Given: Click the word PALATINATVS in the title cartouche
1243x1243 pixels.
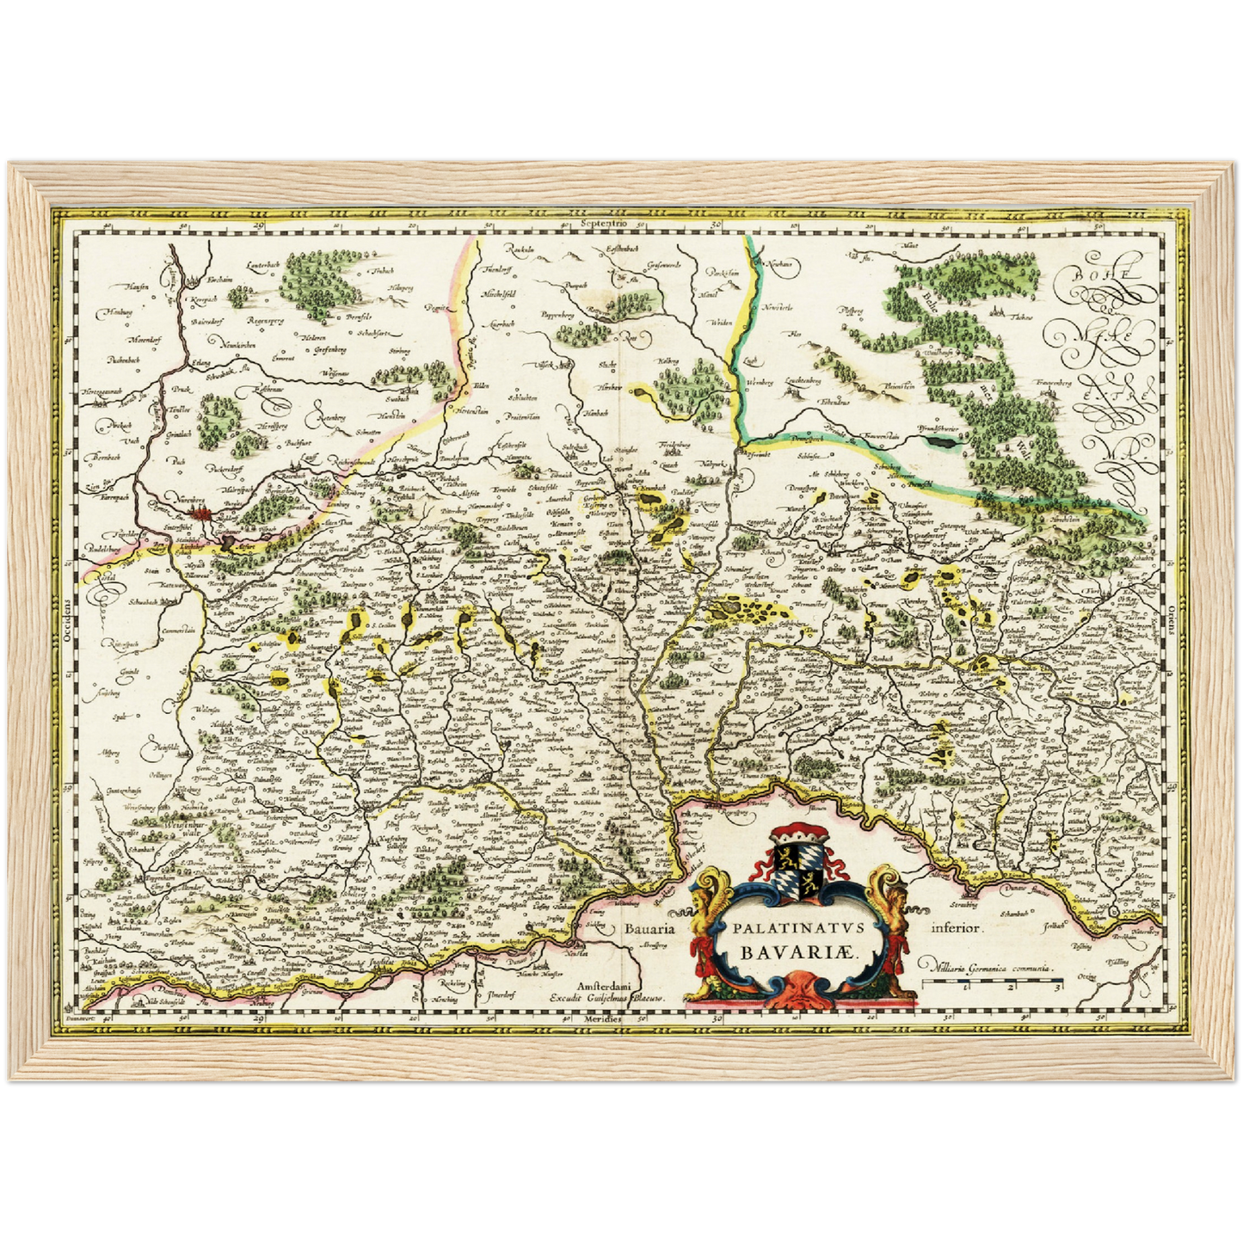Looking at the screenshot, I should click(x=792, y=928).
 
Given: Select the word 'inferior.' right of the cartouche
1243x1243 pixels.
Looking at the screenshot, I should click(x=956, y=928).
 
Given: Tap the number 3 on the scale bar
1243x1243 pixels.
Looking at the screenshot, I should click(x=1056, y=986).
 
